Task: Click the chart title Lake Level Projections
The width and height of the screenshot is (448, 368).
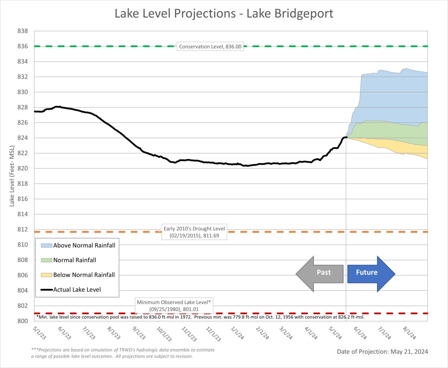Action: click(x=224, y=13)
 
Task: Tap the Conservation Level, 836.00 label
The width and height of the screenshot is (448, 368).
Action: click(x=210, y=47)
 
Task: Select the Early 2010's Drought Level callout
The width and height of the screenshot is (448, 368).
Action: click(x=194, y=232)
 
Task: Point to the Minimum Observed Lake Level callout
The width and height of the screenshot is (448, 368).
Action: click(x=174, y=306)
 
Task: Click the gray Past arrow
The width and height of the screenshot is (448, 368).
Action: click(x=320, y=274)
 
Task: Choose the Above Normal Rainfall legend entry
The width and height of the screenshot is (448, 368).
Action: click(x=78, y=245)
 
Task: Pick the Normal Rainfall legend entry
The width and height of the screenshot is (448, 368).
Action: click(x=69, y=260)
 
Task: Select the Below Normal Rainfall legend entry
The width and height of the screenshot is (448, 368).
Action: click(x=78, y=275)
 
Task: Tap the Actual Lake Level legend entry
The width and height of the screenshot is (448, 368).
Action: click(x=71, y=290)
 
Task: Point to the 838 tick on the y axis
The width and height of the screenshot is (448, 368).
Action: click(x=23, y=31)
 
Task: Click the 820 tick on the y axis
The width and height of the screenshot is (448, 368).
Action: click(x=23, y=168)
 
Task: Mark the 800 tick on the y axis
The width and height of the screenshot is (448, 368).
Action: click(x=23, y=321)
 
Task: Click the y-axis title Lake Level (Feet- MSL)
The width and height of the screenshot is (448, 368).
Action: click(x=12, y=176)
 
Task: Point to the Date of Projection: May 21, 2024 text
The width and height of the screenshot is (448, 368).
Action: click(x=382, y=352)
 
